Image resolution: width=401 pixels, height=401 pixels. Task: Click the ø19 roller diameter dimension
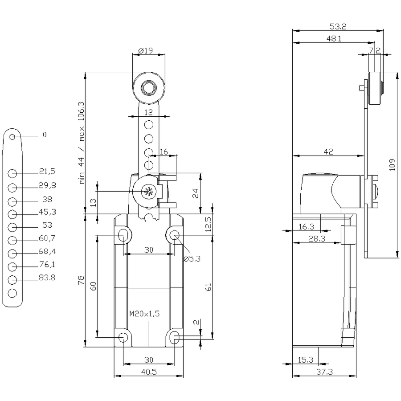[x=146, y=51]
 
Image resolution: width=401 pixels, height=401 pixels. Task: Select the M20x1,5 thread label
[x=144, y=314]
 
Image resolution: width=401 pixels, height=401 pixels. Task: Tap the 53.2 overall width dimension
[x=338, y=26]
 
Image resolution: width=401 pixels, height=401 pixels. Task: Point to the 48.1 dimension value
[x=334, y=39]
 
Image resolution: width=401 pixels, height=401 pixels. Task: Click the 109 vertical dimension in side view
[x=392, y=164]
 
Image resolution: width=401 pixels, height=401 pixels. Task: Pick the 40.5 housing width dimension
[x=149, y=372]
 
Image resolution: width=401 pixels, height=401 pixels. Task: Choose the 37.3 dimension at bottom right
[x=324, y=372]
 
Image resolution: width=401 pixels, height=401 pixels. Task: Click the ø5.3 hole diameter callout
[x=192, y=259]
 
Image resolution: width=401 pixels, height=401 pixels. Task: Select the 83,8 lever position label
[x=47, y=278]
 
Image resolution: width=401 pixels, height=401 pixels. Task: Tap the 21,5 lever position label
[x=47, y=172]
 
